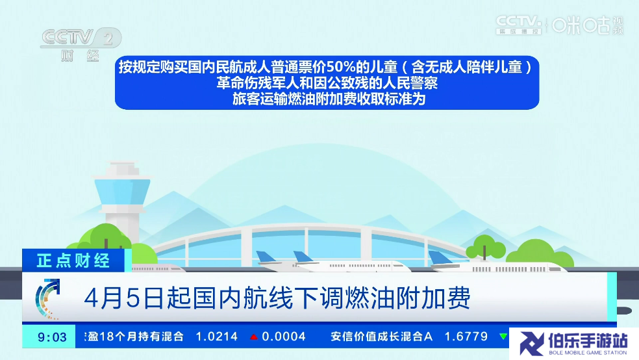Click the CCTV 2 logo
point(81,44)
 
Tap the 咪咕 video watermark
point(587,25)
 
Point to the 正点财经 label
point(73,261)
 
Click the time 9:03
point(52,337)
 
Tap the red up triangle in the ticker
point(254,337)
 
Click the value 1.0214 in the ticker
point(216,337)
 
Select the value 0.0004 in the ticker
point(284,337)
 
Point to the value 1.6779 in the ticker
point(466,337)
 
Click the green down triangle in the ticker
point(504,337)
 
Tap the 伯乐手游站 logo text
point(587,341)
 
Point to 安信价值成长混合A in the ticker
point(381,337)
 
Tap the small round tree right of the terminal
point(485,246)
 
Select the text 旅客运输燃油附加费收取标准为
point(329,99)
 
